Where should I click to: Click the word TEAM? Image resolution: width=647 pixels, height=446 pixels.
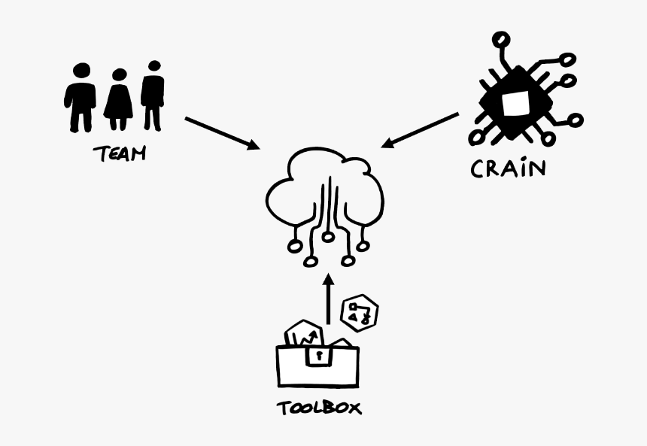tap(119, 154)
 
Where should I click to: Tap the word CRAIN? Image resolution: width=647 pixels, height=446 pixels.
tap(508, 168)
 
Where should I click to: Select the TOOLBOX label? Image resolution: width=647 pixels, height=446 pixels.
tap(318, 408)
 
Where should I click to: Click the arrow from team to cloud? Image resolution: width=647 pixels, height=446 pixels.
tap(221, 132)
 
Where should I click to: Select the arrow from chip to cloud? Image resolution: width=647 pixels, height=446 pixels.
tap(420, 130)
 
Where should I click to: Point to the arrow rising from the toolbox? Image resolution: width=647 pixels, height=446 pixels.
tap(328, 301)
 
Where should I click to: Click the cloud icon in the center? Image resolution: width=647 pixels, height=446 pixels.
tap(325, 199)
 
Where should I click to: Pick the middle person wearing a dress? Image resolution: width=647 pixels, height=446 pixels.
tap(118, 100)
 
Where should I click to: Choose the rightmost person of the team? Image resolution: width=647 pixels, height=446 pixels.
tap(153, 93)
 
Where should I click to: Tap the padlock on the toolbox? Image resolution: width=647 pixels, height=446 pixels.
tap(319, 354)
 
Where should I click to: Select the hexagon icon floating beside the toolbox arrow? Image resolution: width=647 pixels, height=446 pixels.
tap(359, 311)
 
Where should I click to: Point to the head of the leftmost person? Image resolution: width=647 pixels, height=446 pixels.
tap(81, 71)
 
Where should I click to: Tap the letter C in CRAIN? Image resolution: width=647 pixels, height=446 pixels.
tap(478, 168)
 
